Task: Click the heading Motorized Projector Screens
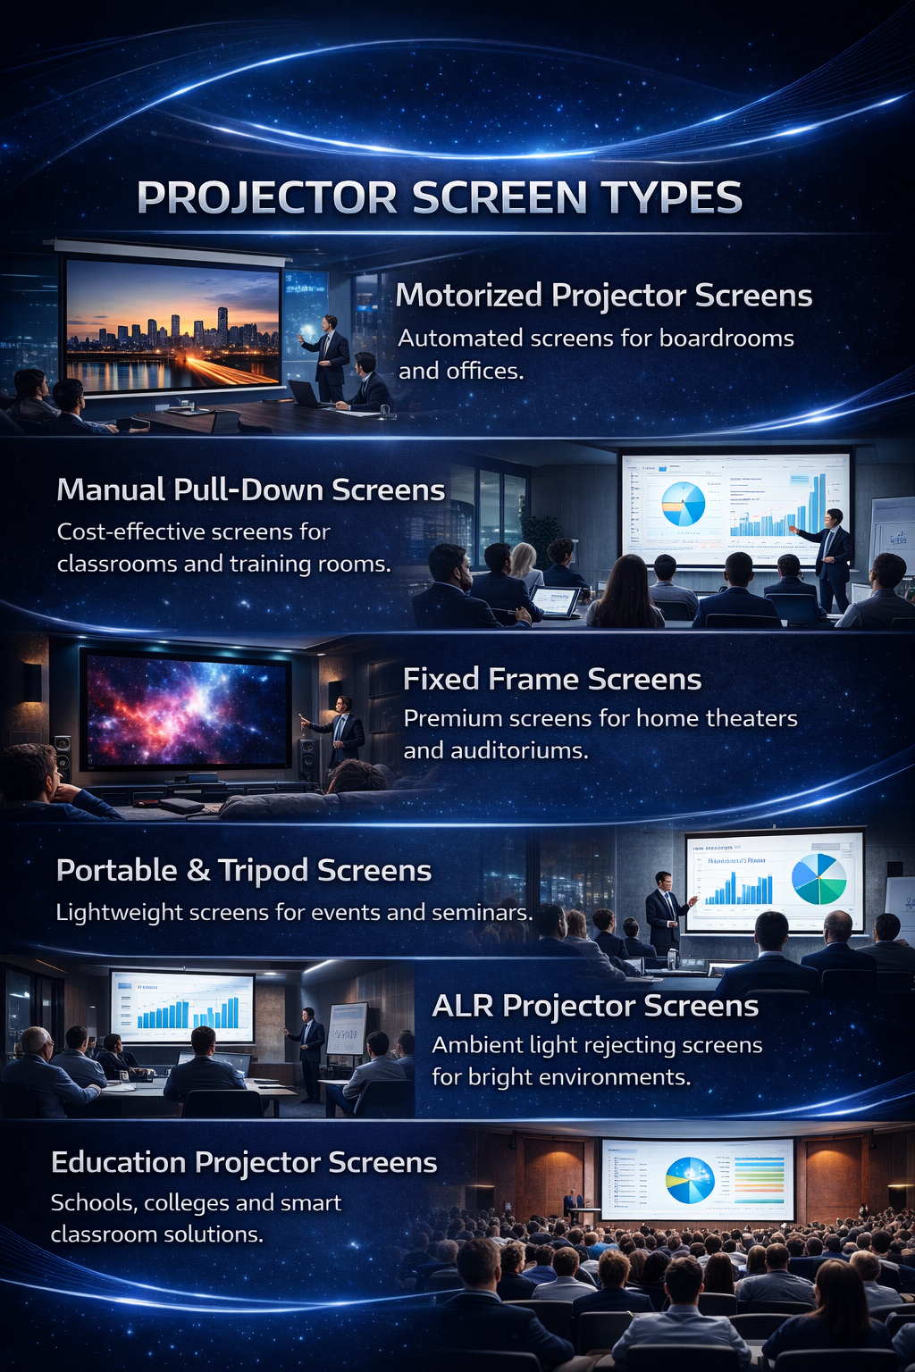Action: coord(603,296)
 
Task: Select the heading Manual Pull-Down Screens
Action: coord(250,489)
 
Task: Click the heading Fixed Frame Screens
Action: coord(551,680)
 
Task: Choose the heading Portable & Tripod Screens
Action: coord(243,870)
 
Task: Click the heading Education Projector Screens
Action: coord(244,1162)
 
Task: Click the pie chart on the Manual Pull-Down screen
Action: coord(684,505)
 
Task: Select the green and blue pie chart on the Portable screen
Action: coord(818,879)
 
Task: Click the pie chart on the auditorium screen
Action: coord(690,1179)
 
